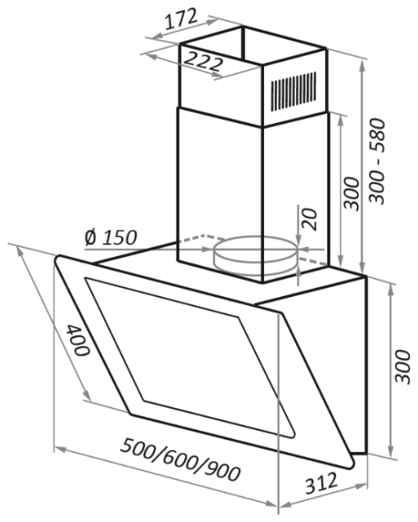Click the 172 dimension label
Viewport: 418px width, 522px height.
click(181, 19)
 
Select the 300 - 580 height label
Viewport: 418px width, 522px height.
click(377, 161)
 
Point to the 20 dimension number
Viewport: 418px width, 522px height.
click(309, 219)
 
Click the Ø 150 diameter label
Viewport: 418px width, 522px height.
click(111, 238)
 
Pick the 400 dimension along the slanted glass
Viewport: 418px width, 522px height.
click(79, 340)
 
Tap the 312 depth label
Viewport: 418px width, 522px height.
click(321, 483)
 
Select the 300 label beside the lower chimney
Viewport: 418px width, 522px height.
click(352, 194)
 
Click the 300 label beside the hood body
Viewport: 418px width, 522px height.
click(403, 366)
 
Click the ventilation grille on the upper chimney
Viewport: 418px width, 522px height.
click(293, 91)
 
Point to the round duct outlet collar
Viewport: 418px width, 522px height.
click(255, 255)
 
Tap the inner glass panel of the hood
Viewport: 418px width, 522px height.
click(189, 357)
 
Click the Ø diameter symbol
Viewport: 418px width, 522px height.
click(91, 238)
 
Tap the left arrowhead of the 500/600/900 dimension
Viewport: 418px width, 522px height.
click(59, 450)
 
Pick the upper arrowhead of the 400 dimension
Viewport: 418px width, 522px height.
click(21, 251)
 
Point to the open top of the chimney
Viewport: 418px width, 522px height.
click(253, 45)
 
